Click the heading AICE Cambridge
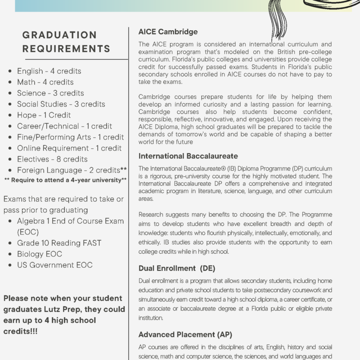168,32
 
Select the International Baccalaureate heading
188,156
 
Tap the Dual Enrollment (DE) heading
177,268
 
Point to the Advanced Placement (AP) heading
185,334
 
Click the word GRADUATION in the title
59,35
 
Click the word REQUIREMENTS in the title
66,48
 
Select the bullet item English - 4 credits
49,71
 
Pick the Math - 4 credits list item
45,82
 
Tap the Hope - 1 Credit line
44,115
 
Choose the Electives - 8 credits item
52,159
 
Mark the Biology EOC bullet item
40,254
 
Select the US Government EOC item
55,265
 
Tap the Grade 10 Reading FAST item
59,243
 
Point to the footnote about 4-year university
65,180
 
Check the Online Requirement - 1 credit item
69,148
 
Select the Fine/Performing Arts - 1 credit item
70,137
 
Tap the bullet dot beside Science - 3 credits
11,93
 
